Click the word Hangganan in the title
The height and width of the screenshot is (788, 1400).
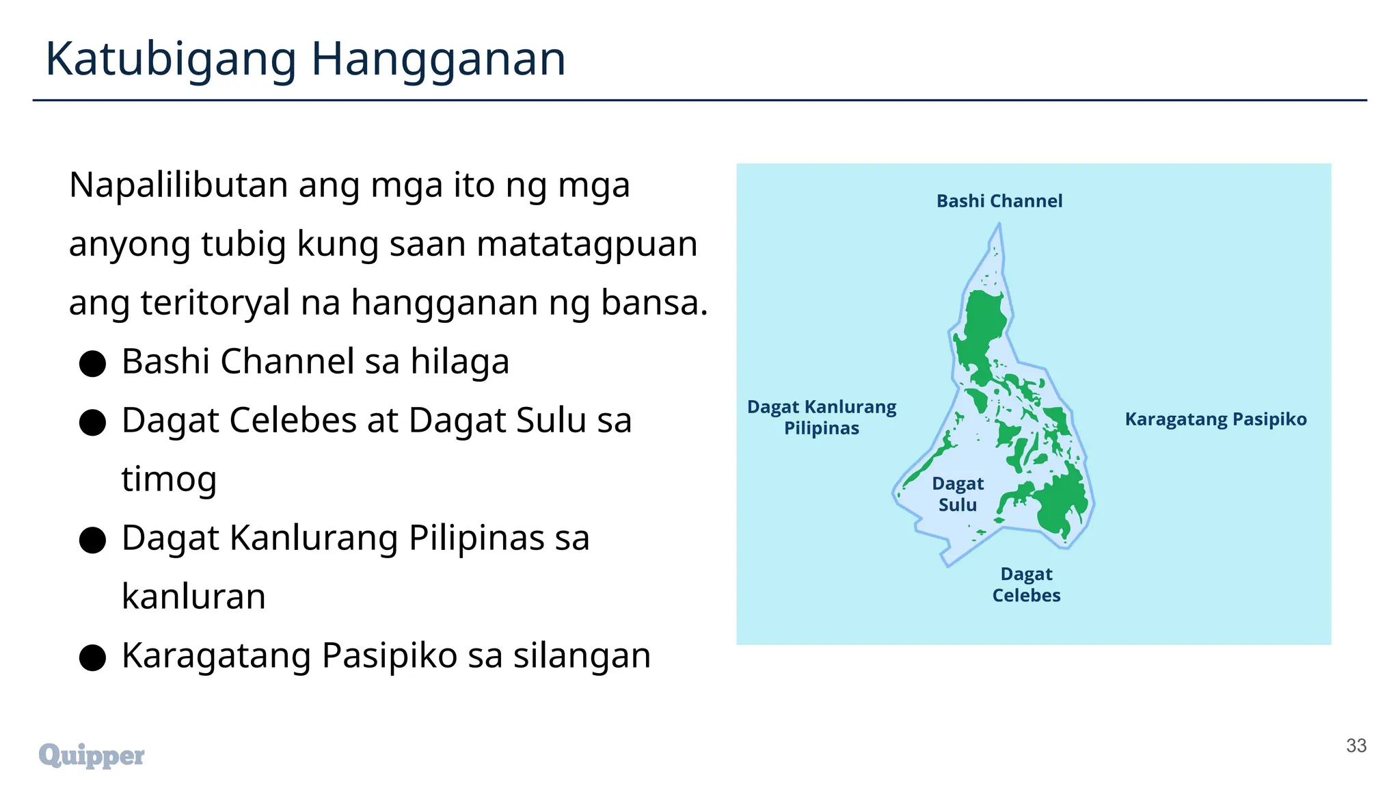[x=438, y=60]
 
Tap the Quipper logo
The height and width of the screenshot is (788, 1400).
[x=92, y=755]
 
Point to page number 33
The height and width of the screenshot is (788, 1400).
[x=1356, y=746]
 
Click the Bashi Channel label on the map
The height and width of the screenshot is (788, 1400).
[x=999, y=201]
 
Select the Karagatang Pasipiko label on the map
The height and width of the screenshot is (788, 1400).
[x=1215, y=419]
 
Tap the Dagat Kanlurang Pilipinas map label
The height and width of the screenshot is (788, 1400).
[x=821, y=417]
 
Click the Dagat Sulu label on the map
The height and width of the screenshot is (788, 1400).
[x=957, y=494]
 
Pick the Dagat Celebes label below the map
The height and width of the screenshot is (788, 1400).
[x=1026, y=585]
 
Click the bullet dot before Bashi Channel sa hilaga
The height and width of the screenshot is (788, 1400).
[x=92, y=364]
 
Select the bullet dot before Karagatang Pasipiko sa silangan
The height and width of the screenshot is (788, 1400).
[x=92, y=658]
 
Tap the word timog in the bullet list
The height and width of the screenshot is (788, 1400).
[x=169, y=479]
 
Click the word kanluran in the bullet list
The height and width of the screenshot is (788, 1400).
[x=193, y=596]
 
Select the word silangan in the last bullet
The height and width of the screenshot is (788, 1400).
[x=582, y=655]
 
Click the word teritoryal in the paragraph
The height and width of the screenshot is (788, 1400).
[x=215, y=302]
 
